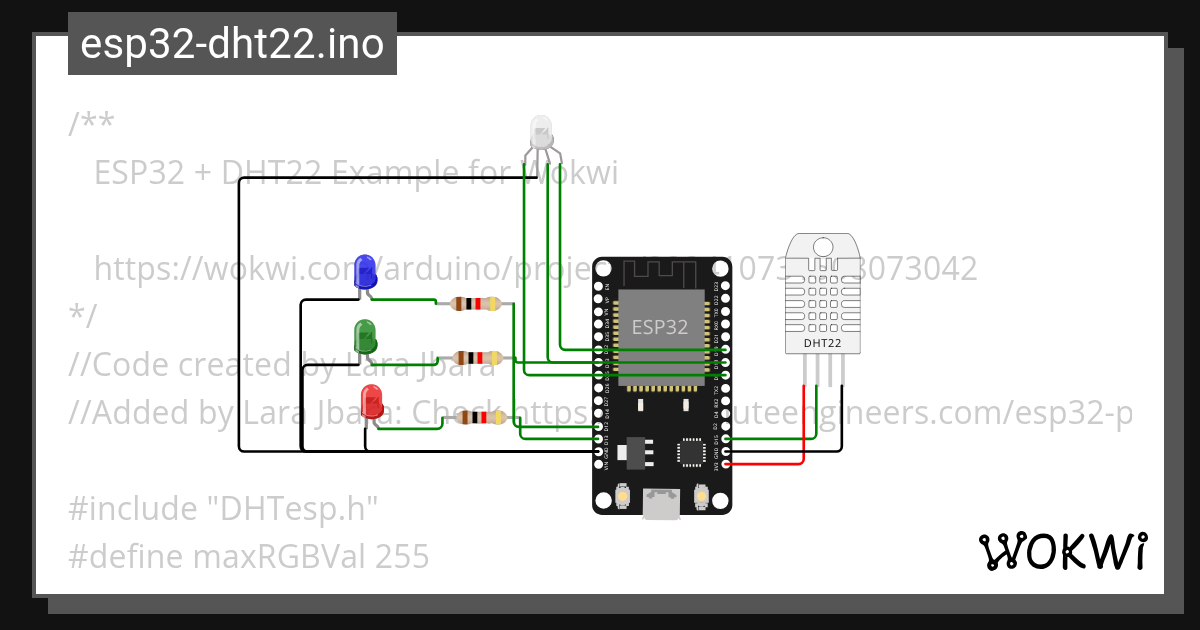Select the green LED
pyautogui.click(x=365, y=334)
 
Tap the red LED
pyautogui.click(x=372, y=400)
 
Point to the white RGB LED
pyautogui.click(x=540, y=131)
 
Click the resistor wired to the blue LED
pyautogui.click(x=475, y=304)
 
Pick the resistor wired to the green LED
pyautogui.click(x=475, y=357)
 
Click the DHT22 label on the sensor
pyautogui.click(x=822, y=343)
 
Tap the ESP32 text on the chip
pyautogui.click(x=659, y=327)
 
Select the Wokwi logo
pyautogui.click(x=1063, y=551)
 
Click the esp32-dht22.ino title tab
pyautogui.click(x=232, y=45)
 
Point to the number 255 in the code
pyautogui.click(x=402, y=556)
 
